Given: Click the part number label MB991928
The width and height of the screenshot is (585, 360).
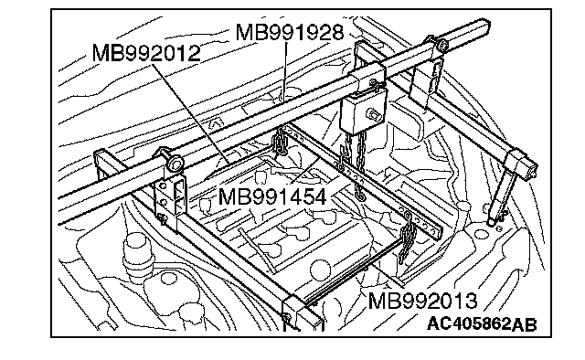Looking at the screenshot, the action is [290, 32].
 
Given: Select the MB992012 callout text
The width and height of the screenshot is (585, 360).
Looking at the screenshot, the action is [146, 53].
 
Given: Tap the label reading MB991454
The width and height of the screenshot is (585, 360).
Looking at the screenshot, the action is [272, 196].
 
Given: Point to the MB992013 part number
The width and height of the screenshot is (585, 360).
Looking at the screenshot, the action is [422, 301].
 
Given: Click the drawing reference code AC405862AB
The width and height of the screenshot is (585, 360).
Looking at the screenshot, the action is [482, 323].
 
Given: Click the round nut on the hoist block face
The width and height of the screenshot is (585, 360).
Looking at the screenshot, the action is [373, 113].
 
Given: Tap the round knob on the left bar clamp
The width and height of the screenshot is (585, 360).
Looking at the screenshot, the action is [175, 163].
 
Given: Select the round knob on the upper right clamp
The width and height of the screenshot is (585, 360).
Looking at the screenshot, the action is [443, 46].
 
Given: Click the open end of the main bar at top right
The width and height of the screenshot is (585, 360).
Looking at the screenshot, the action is [485, 26].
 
